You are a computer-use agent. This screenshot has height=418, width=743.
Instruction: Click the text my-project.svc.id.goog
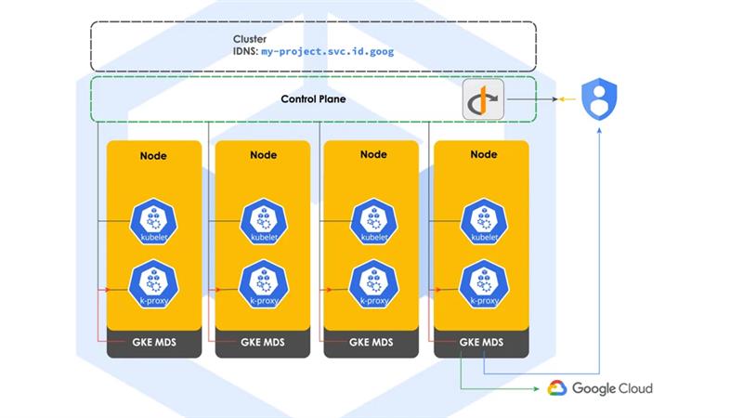point(328,53)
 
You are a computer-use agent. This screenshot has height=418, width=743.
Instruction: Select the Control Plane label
point(313,98)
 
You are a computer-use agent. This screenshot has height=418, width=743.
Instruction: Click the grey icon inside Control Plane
point(483,99)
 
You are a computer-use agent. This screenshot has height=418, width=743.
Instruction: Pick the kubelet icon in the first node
point(153,222)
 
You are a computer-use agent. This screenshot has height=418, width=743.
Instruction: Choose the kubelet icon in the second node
point(262,222)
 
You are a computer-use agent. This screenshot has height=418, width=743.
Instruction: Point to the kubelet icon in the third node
point(372,222)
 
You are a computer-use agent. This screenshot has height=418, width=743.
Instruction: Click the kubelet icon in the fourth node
point(482,222)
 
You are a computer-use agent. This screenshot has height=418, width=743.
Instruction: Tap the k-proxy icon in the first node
point(153,285)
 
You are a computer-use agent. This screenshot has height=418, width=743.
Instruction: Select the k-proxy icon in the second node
point(262,285)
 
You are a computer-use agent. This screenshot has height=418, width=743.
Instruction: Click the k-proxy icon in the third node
point(372,285)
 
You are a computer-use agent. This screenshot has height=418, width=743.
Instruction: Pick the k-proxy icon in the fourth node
point(482,285)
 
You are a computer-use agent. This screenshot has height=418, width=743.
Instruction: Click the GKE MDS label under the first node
point(153,343)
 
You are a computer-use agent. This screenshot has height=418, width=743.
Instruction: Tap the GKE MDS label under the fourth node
point(482,343)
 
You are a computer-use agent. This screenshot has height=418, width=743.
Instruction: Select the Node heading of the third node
point(372,155)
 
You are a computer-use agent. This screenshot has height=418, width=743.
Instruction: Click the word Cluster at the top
point(249,40)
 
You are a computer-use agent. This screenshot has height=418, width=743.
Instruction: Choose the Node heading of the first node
point(153,155)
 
